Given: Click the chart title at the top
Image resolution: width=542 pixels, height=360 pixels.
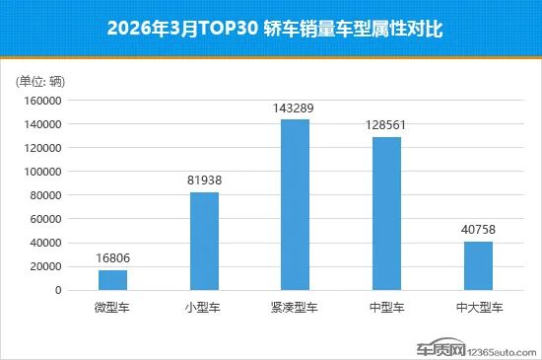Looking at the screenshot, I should click(271, 30).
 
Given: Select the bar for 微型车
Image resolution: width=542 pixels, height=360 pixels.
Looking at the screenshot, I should click(112, 279).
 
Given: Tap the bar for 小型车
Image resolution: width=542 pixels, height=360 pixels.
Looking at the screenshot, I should click(204, 241).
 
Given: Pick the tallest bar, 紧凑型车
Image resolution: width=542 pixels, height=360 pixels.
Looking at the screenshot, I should click(295, 204).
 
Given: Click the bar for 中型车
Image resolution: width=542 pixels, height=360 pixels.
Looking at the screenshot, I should click(386, 213).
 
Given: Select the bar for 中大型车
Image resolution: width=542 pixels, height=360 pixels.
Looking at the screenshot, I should click(477, 265).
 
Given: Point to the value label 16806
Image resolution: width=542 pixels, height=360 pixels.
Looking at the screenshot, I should click(112, 259).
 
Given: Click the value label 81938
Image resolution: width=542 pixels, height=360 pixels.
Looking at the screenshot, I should click(204, 181).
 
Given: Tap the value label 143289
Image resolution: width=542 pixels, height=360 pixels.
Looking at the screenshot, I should click(295, 108).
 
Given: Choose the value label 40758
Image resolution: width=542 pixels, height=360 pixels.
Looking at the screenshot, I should click(477, 231).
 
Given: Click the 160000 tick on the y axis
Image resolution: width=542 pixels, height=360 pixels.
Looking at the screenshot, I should click(43, 101).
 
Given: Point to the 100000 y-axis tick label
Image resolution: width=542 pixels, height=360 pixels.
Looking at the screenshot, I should click(43, 172).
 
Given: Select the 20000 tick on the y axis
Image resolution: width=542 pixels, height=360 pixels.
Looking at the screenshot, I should click(46, 266).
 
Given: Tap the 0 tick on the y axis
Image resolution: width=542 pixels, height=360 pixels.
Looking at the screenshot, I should click(59, 290).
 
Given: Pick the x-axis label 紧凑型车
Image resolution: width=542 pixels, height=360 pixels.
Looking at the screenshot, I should click(295, 308).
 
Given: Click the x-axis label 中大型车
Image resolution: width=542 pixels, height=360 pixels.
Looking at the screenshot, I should click(477, 308).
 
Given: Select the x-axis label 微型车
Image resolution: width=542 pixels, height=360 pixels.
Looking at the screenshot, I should click(112, 308).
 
